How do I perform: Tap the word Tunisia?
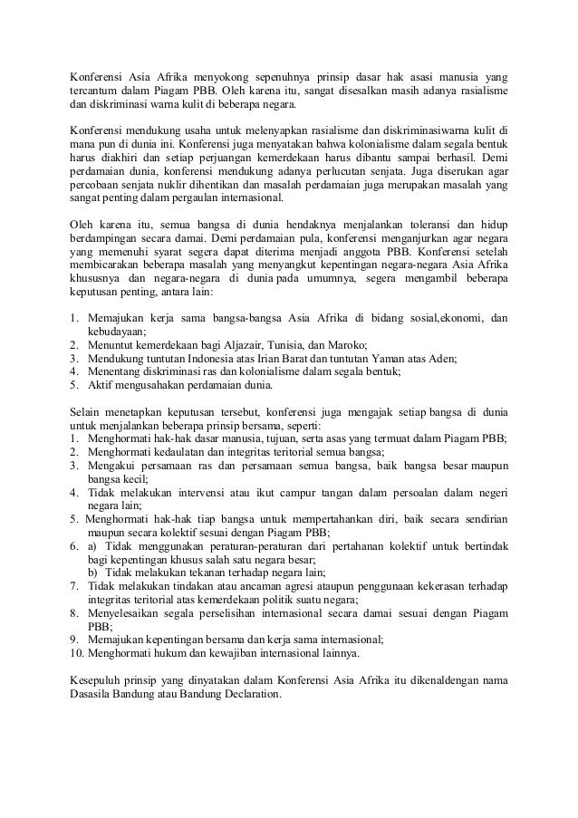click(x=294, y=345)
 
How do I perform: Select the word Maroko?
click(x=349, y=345)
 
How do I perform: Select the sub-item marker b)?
click(x=93, y=573)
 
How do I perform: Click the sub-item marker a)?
click(x=92, y=546)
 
